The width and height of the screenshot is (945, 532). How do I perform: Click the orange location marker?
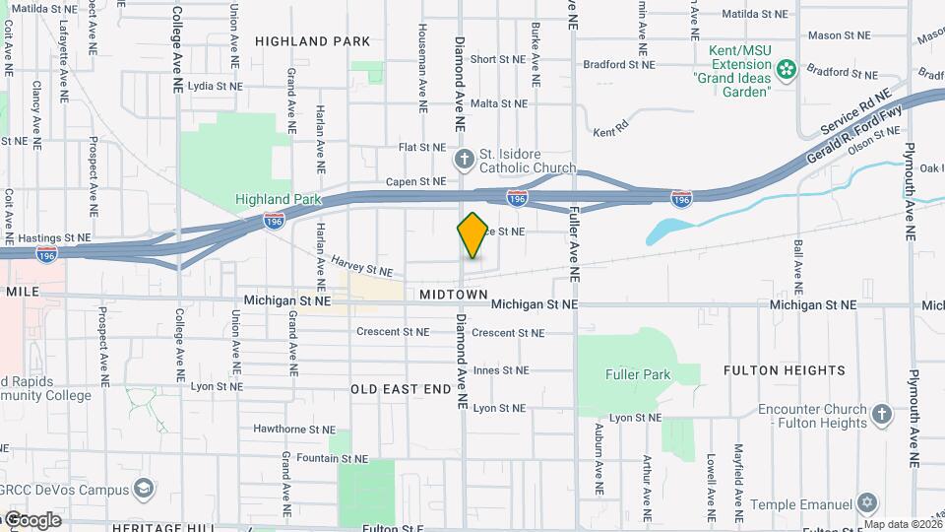point(472,234)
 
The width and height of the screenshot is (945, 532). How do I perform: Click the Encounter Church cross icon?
point(882,414)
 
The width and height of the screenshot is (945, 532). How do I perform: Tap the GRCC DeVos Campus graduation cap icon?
point(145,490)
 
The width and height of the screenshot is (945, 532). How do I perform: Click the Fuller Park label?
point(637,374)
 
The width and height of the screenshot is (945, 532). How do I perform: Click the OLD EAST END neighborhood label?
point(401,389)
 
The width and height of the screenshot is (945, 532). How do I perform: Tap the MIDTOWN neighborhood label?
point(453,295)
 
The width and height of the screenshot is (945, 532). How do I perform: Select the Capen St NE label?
point(415,181)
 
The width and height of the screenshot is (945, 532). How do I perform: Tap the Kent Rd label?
point(610,131)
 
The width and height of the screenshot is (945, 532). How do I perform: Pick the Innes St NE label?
point(501,370)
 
